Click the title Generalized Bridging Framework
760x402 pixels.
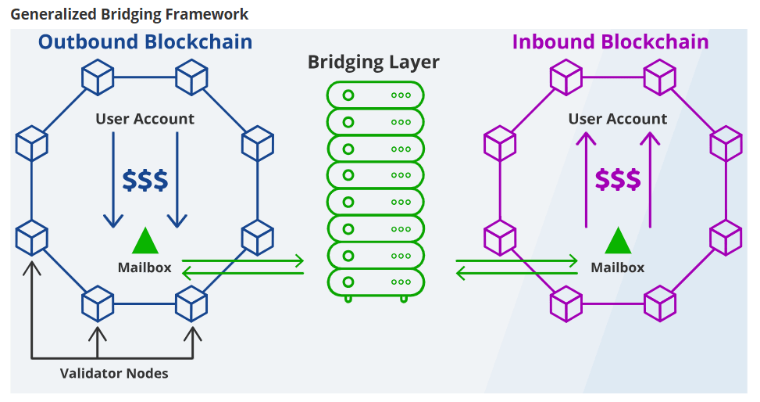pyautogui.click(x=129, y=13)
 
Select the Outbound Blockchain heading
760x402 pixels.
pyautogui.click(x=145, y=42)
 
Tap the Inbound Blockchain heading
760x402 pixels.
pyautogui.click(x=610, y=42)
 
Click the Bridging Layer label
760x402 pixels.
pyautogui.click(x=373, y=62)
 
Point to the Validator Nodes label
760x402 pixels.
pyautogui.click(x=114, y=373)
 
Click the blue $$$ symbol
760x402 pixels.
pyautogui.click(x=145, y=180)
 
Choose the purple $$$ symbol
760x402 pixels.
pyautogui.click(x=618, y=180)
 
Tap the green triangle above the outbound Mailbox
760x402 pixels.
pyautogui.click(x=145, y=242)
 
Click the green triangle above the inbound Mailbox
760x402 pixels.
pyautogui.click(x=618, y=242)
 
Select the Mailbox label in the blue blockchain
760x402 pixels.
pyautogui.click(x=145, y=267)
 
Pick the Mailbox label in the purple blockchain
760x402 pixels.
pyautogui.click(x=618, y=267)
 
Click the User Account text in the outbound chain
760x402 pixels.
pyautogui.click(x=145, y=119)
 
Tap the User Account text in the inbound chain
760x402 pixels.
pyautogui.click(x=618, y=119)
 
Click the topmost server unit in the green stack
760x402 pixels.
pyautogui.click(x=376, y=95)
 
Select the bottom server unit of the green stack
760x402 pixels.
pyautogui.click(x=376, y=281)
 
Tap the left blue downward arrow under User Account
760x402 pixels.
pyautogui.click(x=113, y=180)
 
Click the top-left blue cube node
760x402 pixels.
pyautogui.click(x=98, y=79)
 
